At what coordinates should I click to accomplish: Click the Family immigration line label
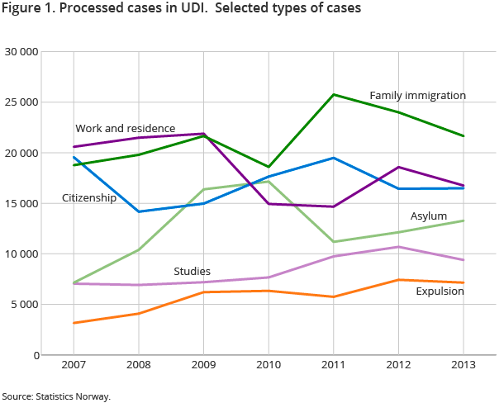point(417,96)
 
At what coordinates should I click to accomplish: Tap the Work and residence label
point(125,129)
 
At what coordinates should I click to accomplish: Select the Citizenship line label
point(89,198)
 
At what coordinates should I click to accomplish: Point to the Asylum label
point(429,216)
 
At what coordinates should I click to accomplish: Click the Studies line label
point(192,272)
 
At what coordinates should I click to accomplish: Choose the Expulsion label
point(440,291)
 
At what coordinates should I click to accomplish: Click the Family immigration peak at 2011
point(334,94)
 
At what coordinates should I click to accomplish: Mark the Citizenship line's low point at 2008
point(139,211)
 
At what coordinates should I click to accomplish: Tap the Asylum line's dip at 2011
point(334,242)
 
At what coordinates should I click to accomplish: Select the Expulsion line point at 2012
point(398,280)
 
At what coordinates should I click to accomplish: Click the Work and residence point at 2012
point(398,167)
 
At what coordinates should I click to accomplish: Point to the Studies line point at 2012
point(398,247)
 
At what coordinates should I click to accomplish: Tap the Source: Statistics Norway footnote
point(56,396)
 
